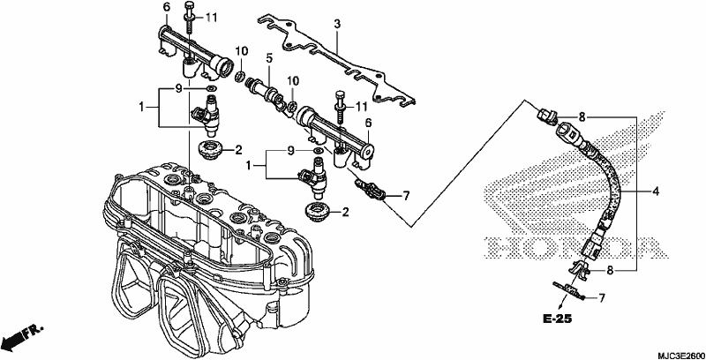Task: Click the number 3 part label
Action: (x=337, y=24)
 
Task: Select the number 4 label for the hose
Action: (x=656, y=191)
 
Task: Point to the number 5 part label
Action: (x=269, y=57)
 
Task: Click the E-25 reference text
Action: (x=557, y=319)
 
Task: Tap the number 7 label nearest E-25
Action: (x=602, y=297)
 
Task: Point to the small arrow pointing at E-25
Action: (x=560, y=304)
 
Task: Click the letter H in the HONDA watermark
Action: (x=499, y=247)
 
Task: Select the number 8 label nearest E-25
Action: (x=610, y=271)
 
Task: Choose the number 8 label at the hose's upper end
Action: (x=582, y=118)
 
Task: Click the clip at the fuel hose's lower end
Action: (x=581, y=268)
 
